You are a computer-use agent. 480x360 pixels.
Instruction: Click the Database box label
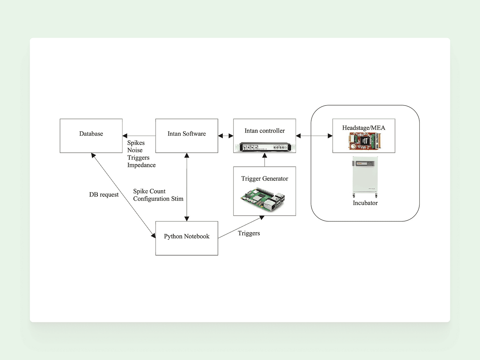coord(91,134)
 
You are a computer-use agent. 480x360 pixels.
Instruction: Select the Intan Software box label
coord(187,134)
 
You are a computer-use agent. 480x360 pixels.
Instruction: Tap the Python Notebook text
coord(187,236)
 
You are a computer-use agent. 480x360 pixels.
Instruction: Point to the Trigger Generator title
coord(264,179)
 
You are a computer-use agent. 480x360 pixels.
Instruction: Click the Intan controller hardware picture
coord(264,147)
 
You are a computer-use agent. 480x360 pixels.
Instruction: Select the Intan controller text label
coord(264,131)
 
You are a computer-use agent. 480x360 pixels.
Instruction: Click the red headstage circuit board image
coord(364,141)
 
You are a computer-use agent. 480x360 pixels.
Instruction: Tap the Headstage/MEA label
coord(364,128)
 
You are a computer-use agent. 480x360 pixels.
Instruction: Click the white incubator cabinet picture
coord(365,177)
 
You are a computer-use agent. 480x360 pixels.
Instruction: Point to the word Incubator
coord(365,203)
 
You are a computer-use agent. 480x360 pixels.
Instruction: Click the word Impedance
coord(141,165)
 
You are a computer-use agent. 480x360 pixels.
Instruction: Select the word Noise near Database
coord(135,150)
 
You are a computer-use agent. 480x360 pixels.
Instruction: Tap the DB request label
coord(104,195)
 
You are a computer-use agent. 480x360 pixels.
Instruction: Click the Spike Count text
coord(149,191)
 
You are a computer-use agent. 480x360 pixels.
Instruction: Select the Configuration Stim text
coord(158,199)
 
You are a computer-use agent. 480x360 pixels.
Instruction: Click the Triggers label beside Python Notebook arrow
coord(249,233)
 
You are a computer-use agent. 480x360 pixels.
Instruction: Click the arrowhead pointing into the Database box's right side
coord(125,136)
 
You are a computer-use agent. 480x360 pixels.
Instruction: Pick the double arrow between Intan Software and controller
coord(225,136)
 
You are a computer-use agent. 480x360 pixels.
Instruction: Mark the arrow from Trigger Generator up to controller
coord(264,160)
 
